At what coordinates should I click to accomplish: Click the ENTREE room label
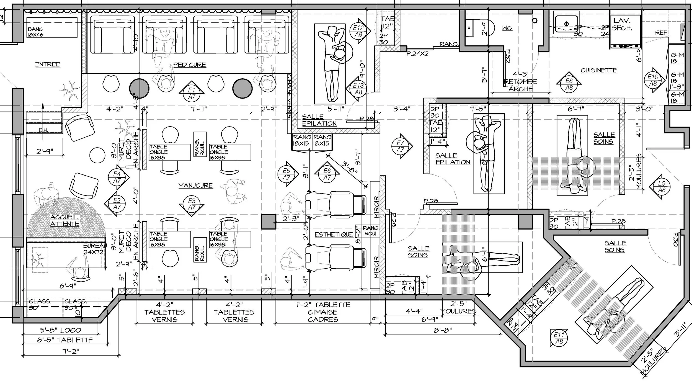coord(47,64)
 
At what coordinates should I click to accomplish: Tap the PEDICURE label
coord(190,65)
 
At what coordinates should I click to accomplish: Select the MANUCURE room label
coord(195,186)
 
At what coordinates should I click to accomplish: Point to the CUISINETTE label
coord(599,70)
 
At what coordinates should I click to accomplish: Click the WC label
coord(507,28)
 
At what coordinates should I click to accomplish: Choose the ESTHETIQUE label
coord(334,235)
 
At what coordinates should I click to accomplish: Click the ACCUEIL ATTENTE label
coord(65,220)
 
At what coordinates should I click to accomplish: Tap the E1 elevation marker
coord(192,93)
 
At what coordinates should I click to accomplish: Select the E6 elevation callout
coord(327,174)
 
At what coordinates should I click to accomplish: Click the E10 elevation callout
coord(653,80)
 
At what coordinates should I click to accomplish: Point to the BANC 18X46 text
coord(35,32)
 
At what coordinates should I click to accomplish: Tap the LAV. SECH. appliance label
coord(622,24)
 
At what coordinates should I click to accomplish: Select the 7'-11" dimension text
coord(199,109)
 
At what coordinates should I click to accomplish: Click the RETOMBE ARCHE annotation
coord(520,85)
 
